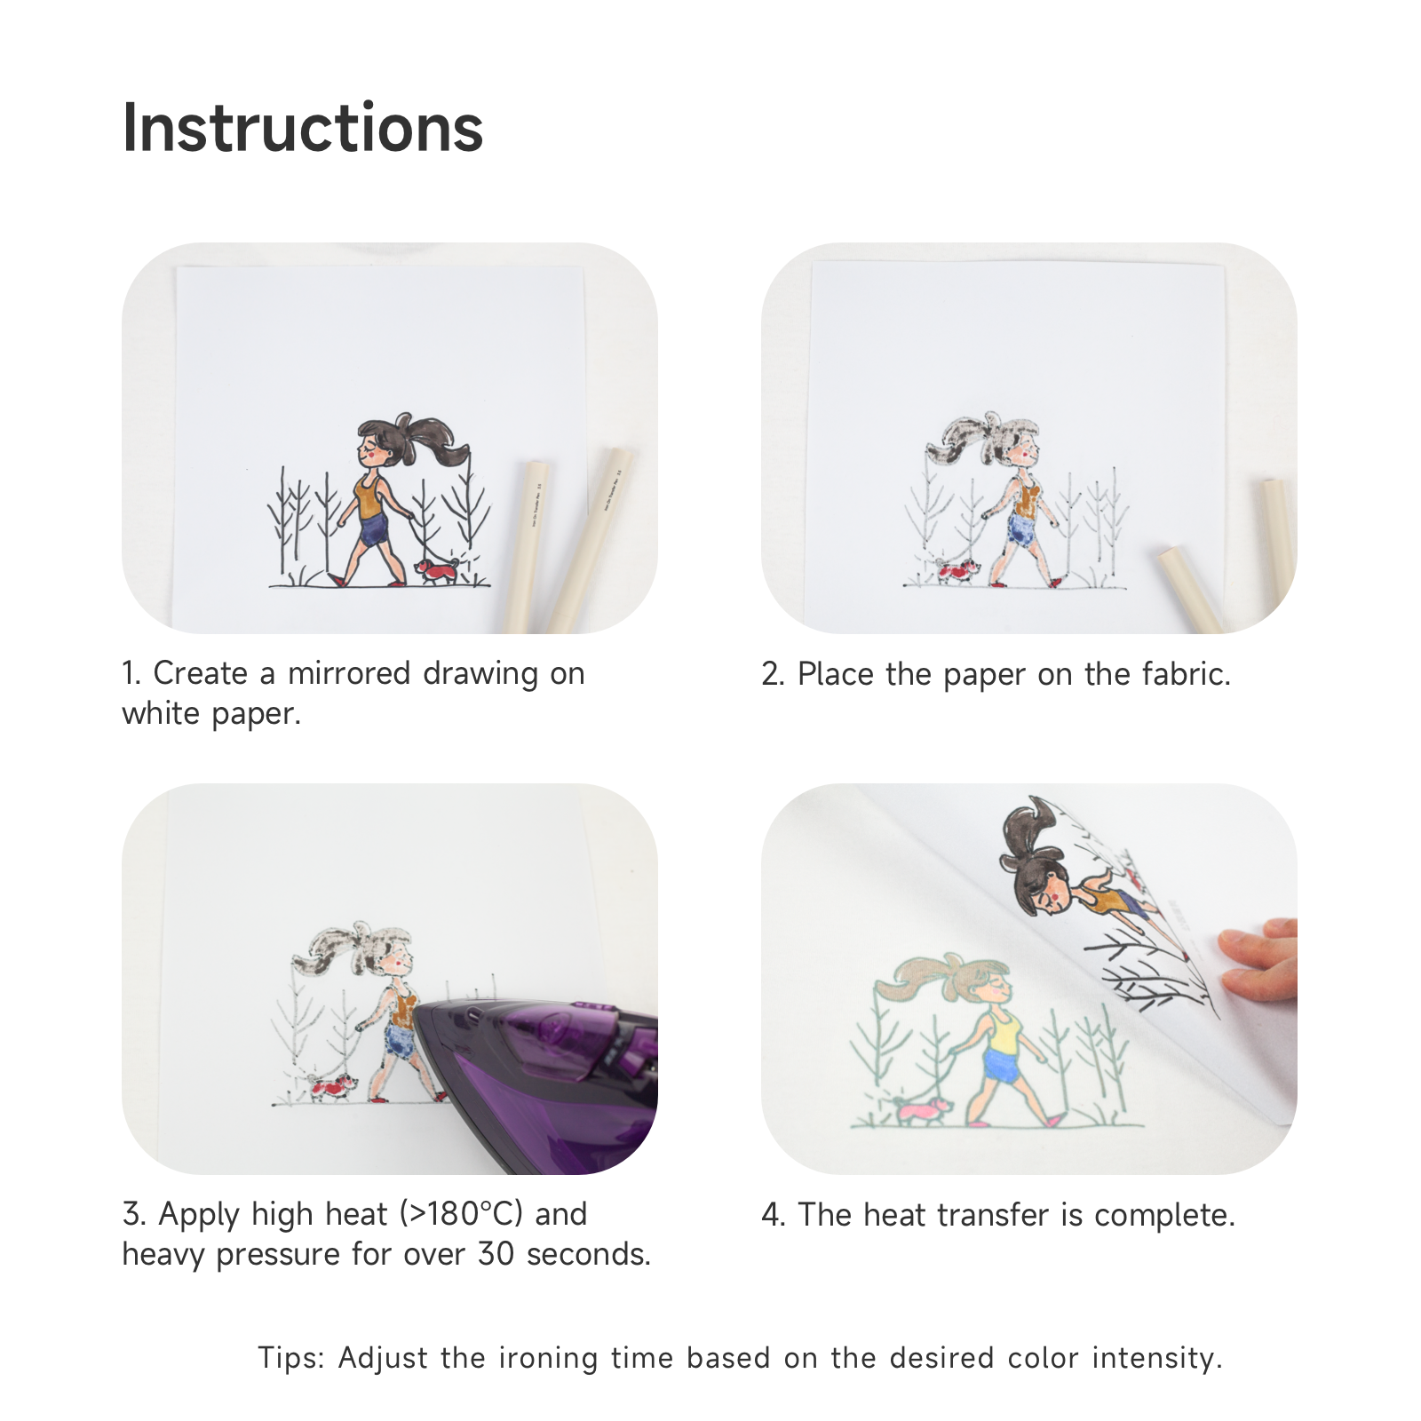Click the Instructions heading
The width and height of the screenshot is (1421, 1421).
pos(303,129)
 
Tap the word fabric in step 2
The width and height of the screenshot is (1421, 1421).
pos(1187,674)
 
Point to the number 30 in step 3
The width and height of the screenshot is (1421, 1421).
pos(496,1254)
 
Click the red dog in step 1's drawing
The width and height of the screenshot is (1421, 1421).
pos(437,570)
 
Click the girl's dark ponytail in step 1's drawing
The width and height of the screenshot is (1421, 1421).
pos(435,441)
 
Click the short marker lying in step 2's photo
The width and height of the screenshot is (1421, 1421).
pos(1193,590)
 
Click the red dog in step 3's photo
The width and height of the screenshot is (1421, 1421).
pos(332,1085)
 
